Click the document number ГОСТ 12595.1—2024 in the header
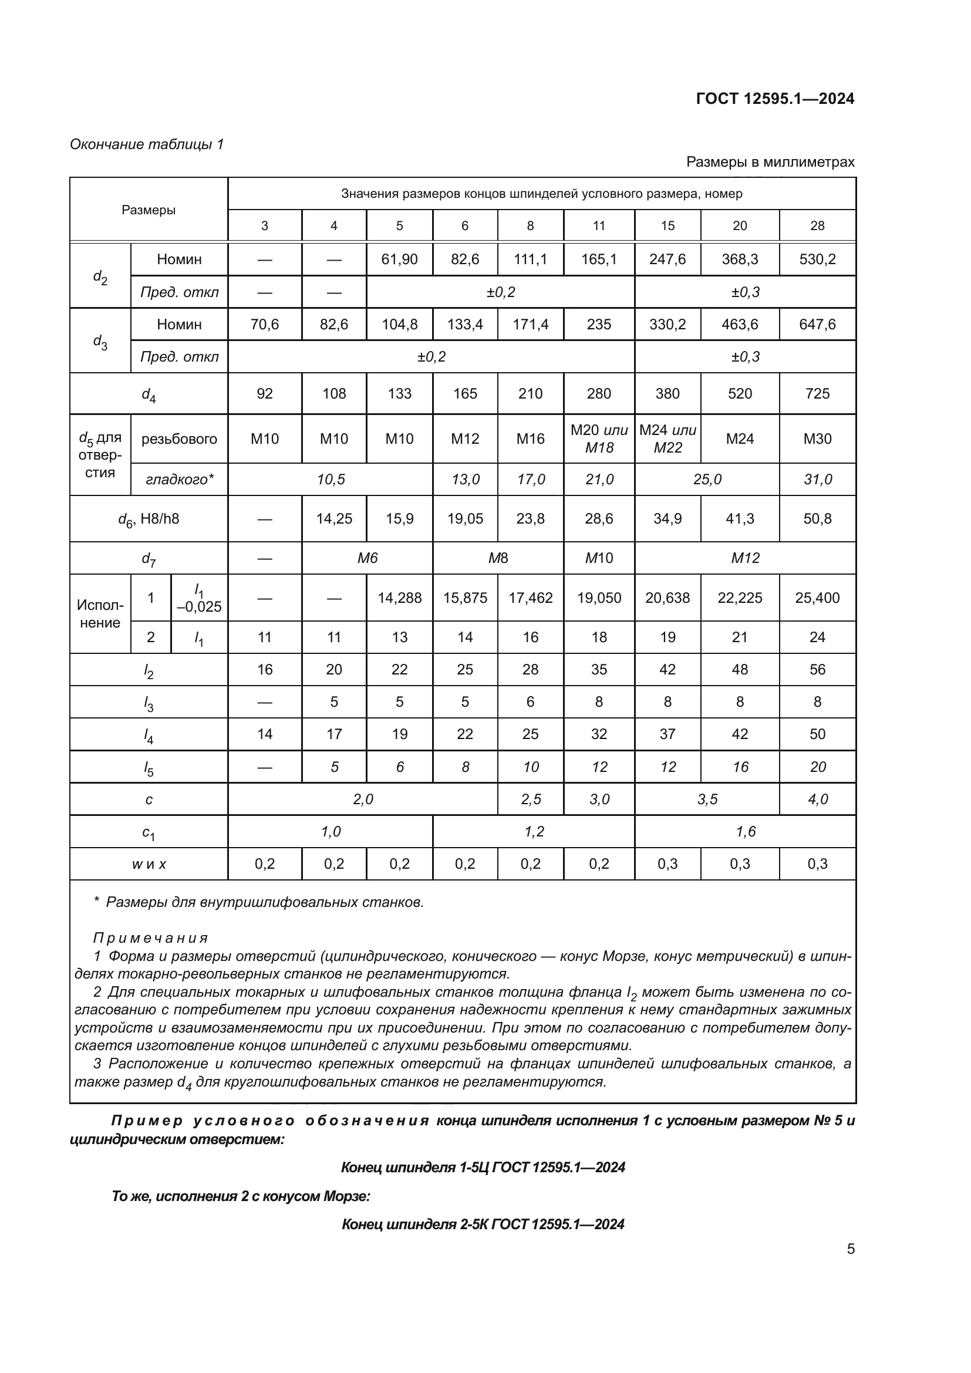775,99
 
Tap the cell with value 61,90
399,259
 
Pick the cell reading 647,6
817,324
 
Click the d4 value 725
817,393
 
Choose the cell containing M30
817,438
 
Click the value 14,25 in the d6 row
333,518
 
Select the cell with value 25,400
817,598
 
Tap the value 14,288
399,598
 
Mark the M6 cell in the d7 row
367,558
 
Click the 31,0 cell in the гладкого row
817,479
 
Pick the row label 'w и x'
149,864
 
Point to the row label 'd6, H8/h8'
149,519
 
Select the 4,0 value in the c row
817,799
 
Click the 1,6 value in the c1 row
745,831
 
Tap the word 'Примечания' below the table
150,937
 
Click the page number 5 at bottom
850,1249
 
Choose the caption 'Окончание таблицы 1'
147,144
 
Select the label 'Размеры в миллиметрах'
770,162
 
